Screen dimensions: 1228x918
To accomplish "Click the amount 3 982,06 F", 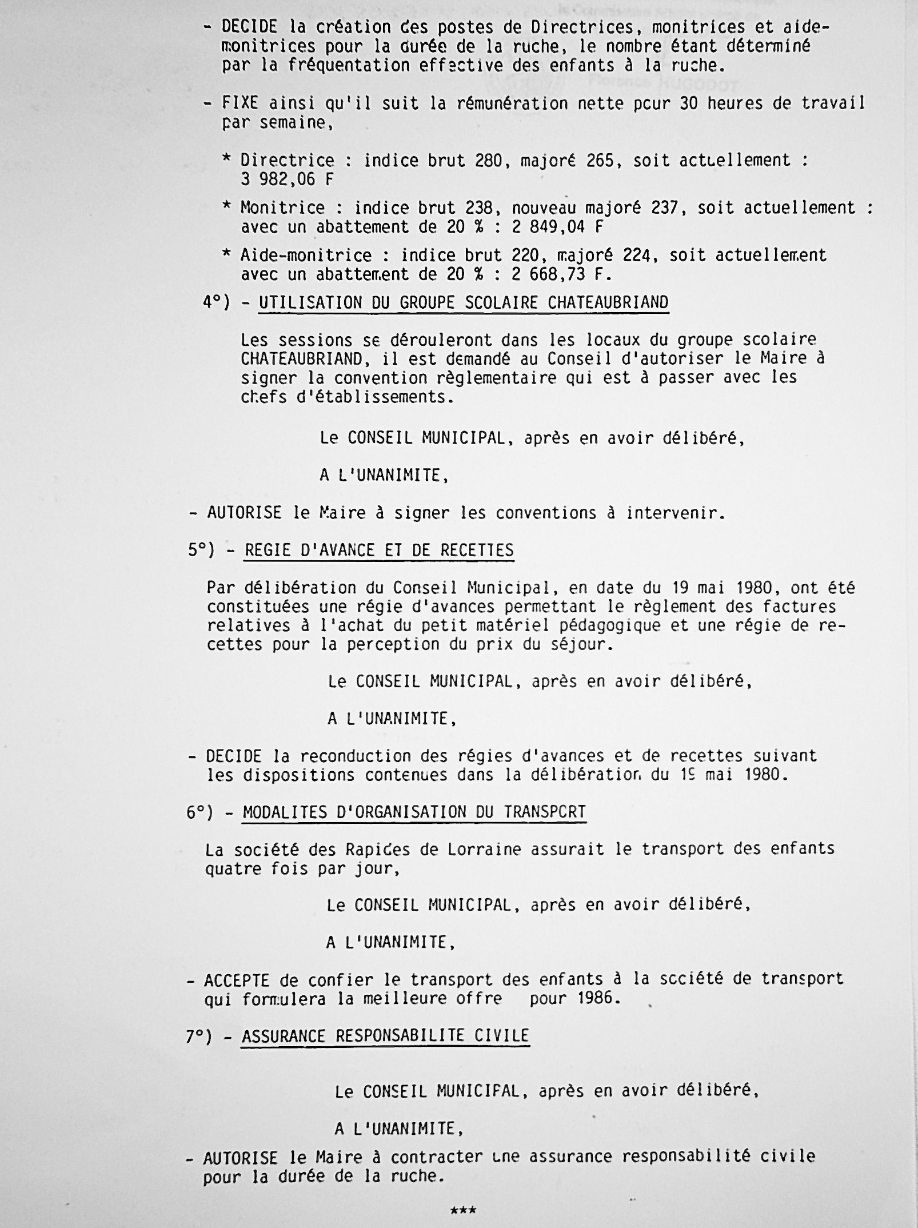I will coord(286,180).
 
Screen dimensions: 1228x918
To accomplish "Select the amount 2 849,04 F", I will coord(557,227).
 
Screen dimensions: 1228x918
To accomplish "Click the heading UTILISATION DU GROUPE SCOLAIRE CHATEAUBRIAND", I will coord(464,302).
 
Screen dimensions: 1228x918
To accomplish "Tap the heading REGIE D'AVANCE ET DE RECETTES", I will coord(379,550).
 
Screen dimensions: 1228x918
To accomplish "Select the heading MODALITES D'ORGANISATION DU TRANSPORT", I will coord(414,812).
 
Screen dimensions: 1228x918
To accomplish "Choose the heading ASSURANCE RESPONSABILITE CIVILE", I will coord(385,1036).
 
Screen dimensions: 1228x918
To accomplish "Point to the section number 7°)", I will coord(200,1036).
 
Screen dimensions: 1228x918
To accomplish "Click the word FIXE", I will coord(240,103).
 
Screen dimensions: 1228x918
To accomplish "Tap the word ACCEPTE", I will coord(236,980).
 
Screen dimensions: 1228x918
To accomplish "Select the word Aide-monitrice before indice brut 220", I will coord(306,255).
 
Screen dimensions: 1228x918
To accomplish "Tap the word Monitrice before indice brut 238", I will coord(282,208).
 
